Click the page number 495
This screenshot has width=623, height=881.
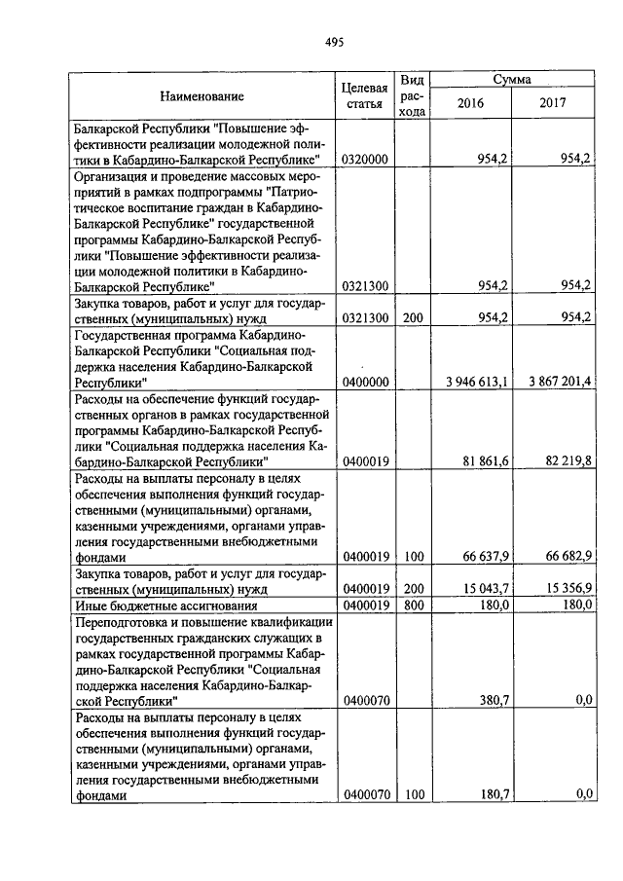click(334, 42)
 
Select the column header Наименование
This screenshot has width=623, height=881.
click(202, 95)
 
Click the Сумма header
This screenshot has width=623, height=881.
click(512, 78)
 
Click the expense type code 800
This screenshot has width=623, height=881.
click(413, 605)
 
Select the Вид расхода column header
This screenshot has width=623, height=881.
click(413, 95)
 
